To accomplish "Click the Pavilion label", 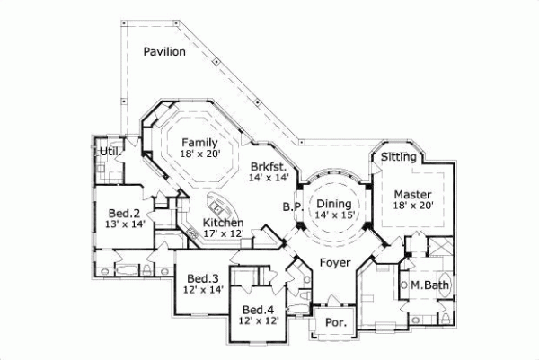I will pyautogui.click(x=163, y=52).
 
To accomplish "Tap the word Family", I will pyautogui.click(x=199, y=142).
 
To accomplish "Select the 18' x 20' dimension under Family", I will pyautogui.click(x=199, y=154).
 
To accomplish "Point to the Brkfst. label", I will pyautogui.click(x=269, y=167).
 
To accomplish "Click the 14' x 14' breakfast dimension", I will pyautogui.click(x=269, y=179).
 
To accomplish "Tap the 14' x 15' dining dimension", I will pyautogui.click(x=333, y=215).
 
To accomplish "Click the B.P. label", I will pyautogui.click(x=291, y=206).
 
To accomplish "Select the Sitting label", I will pyautogui.click(x=398, y=157).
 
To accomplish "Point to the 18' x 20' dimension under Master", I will pyautogui.click(x=413, y=206).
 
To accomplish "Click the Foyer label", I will pyautogui.click(x=334, y=263).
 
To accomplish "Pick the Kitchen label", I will pyautogui.click(x=224, y=223).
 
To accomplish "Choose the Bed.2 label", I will pyautogui.click(x=123, y=214).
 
